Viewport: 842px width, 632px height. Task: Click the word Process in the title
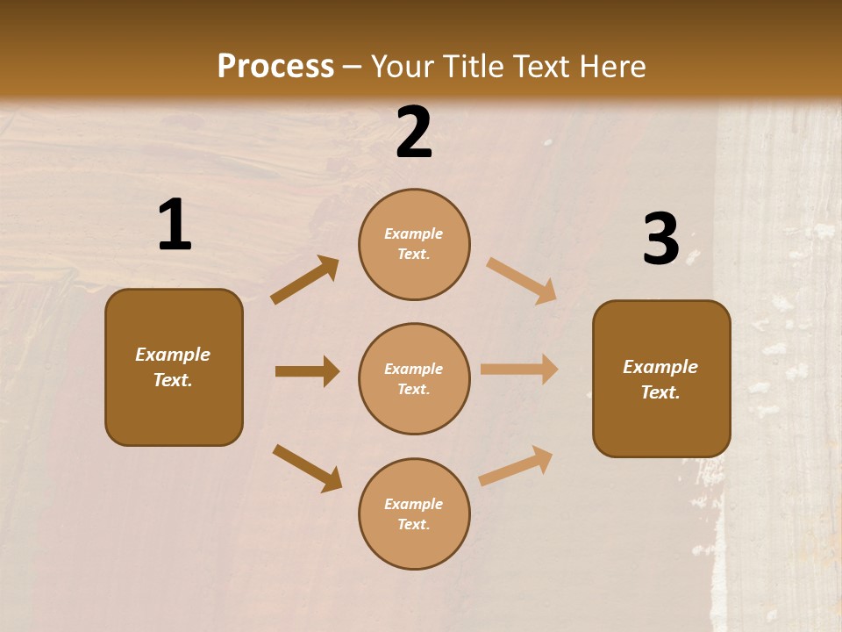[x=275, y=66]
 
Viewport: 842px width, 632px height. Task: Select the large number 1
[x=175, y=226]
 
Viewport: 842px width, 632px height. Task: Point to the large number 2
[x=414, y=133]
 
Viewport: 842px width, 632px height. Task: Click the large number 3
[x=660, y=239]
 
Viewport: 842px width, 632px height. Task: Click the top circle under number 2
[x=414, y=244]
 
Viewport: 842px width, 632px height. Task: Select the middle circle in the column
[x=414, y=378]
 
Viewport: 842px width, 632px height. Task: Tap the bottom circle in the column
[x=414, y=513]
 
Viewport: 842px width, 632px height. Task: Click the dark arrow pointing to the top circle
[x=304, y=280]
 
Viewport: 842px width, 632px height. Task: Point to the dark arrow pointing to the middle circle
[x=307, y=371]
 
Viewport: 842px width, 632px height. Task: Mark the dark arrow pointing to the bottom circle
[x=307, y=467]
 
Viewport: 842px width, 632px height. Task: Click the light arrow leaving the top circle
[x=521, y=280]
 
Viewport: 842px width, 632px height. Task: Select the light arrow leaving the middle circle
[x=519, y=370]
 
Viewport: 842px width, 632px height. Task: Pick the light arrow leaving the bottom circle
[x=516, y=465]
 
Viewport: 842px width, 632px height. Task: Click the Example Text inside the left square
[x=173, y=367]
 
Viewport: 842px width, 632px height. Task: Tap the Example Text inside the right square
[x=660, y=379]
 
